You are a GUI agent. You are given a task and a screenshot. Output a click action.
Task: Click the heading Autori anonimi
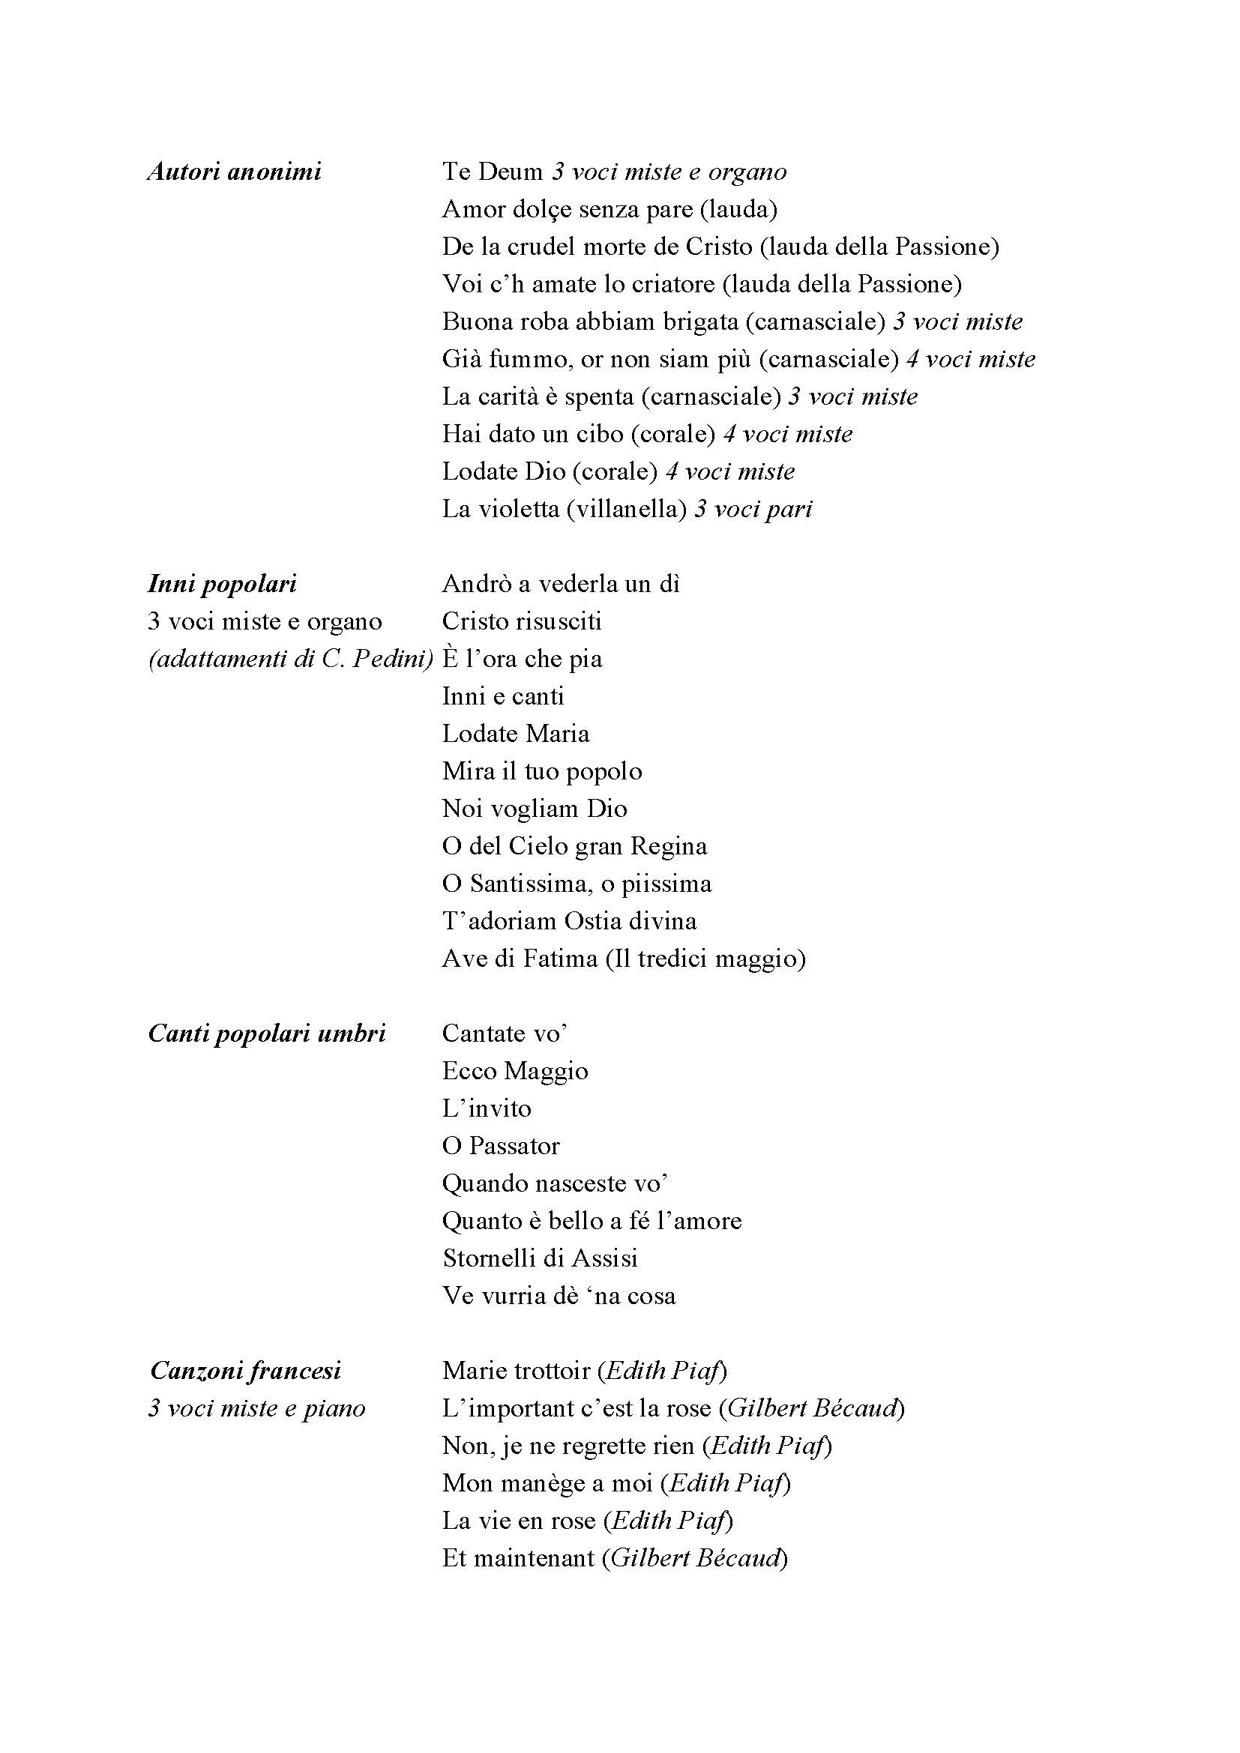click(x=234, y=172)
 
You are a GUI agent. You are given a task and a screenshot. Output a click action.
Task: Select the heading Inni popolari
click(x=221, y=585)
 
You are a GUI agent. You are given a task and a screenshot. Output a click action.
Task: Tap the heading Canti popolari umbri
click(x=266, y=1034)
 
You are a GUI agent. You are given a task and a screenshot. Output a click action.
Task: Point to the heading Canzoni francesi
click(x=245, y=1371)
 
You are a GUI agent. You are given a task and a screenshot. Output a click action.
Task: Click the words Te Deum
click(x=492, y=172)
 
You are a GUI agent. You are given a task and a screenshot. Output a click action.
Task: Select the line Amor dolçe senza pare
click(x=567, y=209)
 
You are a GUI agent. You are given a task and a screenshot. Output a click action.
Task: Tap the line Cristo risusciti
click(x=522, y=621)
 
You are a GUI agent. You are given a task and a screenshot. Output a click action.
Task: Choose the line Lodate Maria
click(x=515, y=734)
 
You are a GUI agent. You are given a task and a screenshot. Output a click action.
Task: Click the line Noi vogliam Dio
click(x=534, y=809)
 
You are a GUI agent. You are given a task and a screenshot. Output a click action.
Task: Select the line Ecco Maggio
click(x=514, y=1071)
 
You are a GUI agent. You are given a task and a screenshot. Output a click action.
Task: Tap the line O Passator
click(x=500, y=1146)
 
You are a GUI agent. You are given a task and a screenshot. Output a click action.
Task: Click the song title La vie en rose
click(x=519, y=1520)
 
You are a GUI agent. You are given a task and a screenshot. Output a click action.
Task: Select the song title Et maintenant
click(x=518, y=1557)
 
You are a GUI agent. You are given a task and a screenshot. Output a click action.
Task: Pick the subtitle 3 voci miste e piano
click(x=256, y=1408)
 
